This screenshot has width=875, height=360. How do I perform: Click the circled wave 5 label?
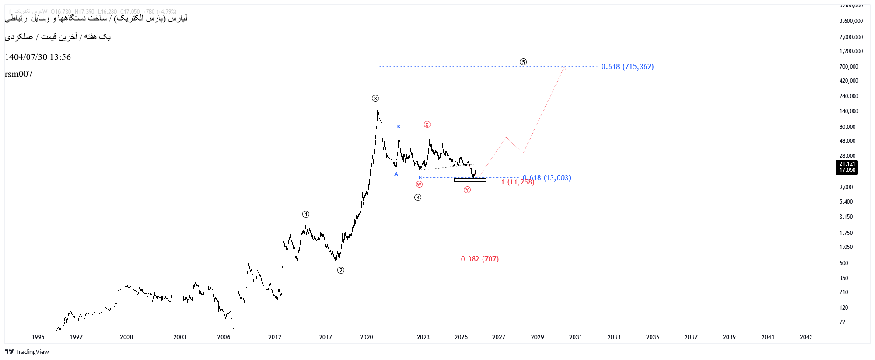point(523,62)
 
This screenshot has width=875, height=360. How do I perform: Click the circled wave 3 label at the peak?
point(375,99)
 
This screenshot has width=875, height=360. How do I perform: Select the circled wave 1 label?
point(306,214)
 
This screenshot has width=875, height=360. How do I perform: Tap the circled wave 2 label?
point(341,270)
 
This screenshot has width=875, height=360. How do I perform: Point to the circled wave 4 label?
point(418,198)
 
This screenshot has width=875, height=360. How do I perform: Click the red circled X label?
point(427,125)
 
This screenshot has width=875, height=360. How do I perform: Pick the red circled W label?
point(419,184)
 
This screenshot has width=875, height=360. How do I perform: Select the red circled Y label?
point(467,190)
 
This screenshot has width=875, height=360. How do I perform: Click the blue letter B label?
point(399,127)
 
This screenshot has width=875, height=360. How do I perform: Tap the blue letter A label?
point(396,174)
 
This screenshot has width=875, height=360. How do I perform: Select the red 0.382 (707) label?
point(480,259)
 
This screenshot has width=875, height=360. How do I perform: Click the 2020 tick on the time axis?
point(366,337)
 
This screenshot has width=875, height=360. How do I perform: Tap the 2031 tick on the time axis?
point(575,337)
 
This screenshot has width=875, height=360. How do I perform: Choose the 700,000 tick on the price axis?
point(848,67)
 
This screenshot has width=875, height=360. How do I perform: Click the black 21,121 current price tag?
point(847,164)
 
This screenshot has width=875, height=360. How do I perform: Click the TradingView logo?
point(27,352)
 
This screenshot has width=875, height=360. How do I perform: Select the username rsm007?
point(19,74)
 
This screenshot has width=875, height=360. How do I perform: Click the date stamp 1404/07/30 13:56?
point(38,57)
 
